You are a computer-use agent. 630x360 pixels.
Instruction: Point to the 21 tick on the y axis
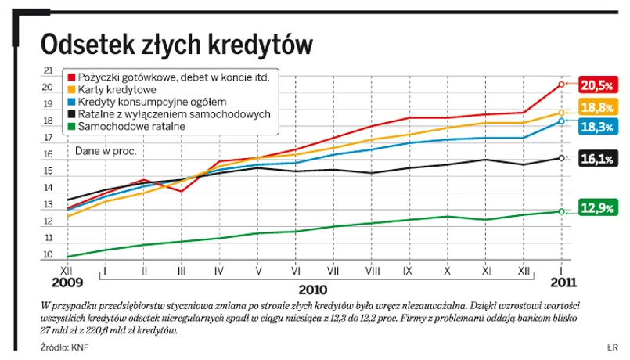coord(48,70)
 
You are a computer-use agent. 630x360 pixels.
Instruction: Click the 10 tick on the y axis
coord(48,255)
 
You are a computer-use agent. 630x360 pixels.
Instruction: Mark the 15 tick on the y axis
coord(48,171)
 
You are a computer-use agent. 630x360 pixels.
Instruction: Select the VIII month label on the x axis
coord(372,270)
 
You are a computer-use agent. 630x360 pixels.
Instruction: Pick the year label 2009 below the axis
coord(66,283)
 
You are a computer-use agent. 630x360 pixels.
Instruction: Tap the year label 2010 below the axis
coord(313,287)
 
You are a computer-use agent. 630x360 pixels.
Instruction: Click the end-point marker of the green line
coord(561,211)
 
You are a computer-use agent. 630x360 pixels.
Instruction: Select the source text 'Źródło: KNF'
coord(65,346)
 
